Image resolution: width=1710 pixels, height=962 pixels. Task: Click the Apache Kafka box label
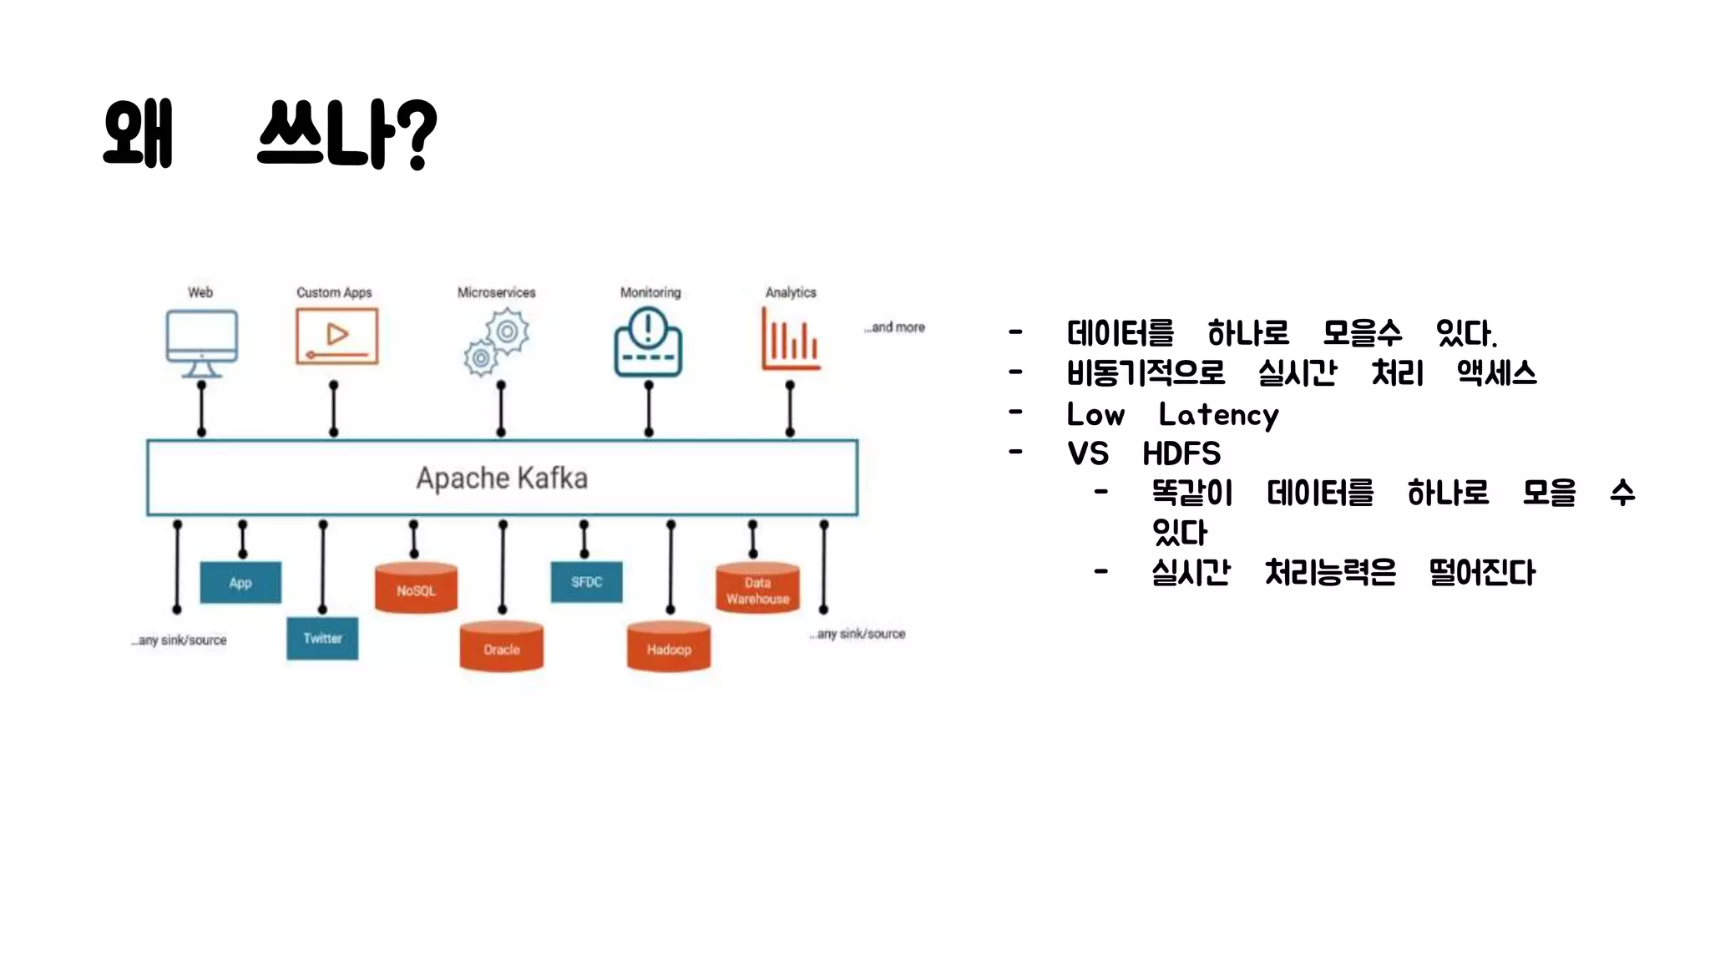[x=502, y=478]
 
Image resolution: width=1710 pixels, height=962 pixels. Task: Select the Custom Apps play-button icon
[x=336, y=337]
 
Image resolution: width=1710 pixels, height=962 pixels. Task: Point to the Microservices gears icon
[x=497, y=342]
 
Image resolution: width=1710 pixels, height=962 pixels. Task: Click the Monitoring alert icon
[x=648, y=342]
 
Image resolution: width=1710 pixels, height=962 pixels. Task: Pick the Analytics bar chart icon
[x=790, y=339]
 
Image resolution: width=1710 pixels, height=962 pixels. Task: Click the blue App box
[x=240, y=582]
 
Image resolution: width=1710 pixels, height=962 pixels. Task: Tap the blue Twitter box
[x=322, y=638]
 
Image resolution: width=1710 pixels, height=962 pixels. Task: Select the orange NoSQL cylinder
[x=416, y=589]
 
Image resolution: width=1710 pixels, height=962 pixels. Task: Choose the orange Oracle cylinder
[x=501, y=647]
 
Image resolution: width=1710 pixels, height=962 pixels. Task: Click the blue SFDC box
[x=586, y=581]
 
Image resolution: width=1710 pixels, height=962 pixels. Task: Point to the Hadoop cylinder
[x=669, y=647]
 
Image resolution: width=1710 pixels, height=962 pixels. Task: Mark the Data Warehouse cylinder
[x=757, y=589]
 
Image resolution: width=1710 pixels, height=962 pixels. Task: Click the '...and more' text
[x=895, y=327]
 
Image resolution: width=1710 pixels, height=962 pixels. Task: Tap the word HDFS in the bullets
[x=1181, y=453]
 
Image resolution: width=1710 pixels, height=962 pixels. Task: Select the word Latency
[x=1218, y=415]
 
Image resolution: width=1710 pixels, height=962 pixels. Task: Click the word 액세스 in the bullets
[x=1496, y=372]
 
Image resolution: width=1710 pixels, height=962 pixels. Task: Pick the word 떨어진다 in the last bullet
[x=1482, y=572]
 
